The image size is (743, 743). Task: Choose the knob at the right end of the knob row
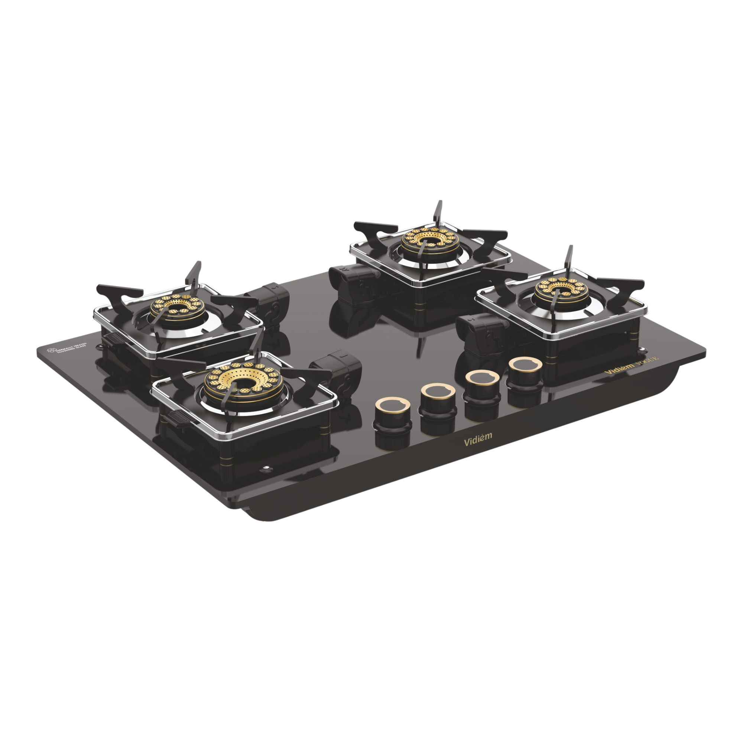525,371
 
